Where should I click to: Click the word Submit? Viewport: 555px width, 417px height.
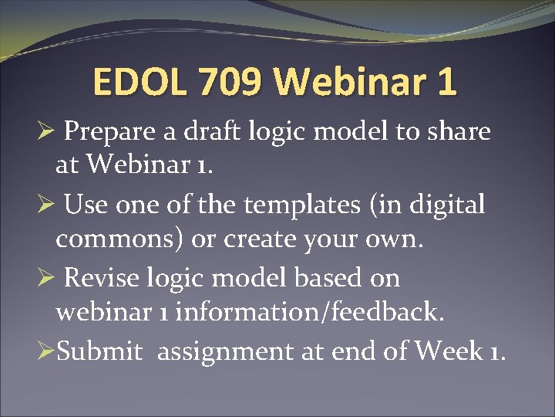tap(100, 352)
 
